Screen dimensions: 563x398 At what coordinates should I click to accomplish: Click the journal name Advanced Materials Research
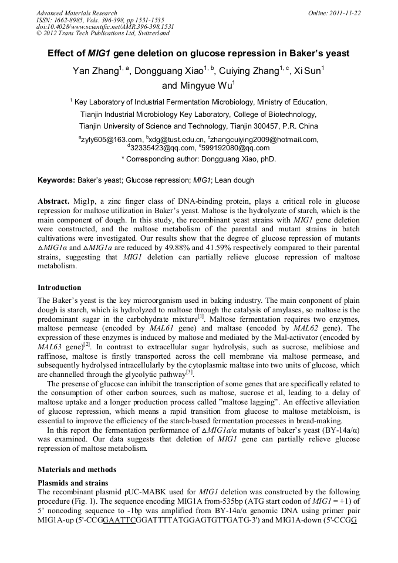tap(77, 13)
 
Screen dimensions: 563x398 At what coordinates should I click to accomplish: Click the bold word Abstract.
tap(54, 201)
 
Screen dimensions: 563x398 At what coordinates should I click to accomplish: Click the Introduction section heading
tap(59, 288)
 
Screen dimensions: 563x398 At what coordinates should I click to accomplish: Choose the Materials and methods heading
tap(77, 470)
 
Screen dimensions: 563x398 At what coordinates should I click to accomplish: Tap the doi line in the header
tap(105, 27)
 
